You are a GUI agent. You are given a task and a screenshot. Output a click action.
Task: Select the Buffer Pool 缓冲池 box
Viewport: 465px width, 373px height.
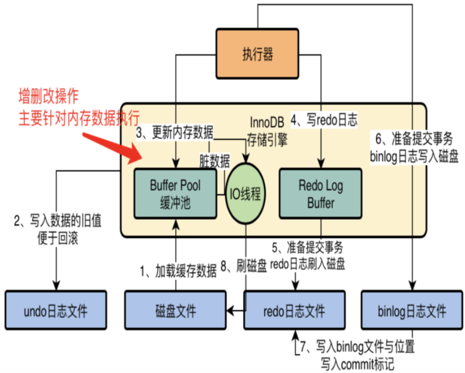(x=175, y=194)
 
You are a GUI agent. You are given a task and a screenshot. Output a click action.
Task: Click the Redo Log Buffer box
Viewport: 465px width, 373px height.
(x=320, y=194)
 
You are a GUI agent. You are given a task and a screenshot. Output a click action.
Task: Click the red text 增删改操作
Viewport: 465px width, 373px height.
(x=49, y=96)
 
